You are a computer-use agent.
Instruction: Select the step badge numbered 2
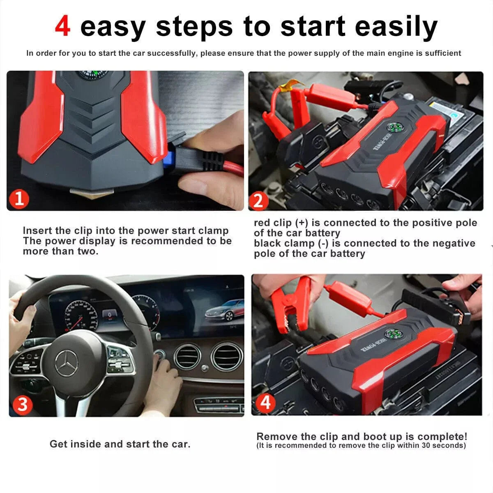coord(258,201)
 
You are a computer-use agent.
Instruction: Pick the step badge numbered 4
coord(265,402)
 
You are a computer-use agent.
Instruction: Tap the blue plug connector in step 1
coord(168,158)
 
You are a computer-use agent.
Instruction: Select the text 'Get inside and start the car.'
coord(120,444)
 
